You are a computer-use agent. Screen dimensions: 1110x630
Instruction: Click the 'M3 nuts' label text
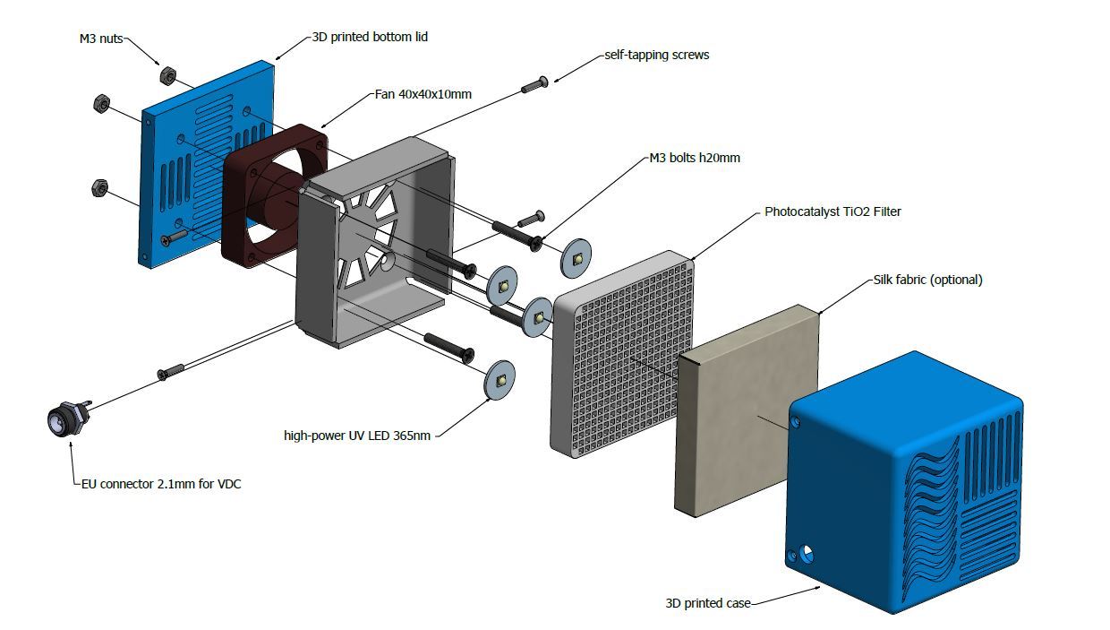(x=100, y=39)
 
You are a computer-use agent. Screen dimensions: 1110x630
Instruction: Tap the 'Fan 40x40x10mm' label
(x=423, y=93)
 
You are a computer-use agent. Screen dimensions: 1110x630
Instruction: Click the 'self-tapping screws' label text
(x=656, y=55)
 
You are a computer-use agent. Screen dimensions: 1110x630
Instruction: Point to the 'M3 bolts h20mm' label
(x=694, y=158)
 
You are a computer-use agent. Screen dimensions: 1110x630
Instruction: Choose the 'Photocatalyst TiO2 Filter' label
(x=832, y=212)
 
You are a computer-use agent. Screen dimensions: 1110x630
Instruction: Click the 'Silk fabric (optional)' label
(x=927, y=280)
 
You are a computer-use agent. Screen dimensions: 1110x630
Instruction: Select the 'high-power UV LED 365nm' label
(x=357, y=436)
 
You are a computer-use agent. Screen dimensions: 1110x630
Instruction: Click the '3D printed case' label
(x=708, y=602)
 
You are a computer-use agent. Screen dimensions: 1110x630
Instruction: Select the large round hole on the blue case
(x=808, y=553)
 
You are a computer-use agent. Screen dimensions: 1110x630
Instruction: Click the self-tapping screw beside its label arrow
(x=534, y=85)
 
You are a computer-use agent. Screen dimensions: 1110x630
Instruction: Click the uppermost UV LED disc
(x=577, y=260)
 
